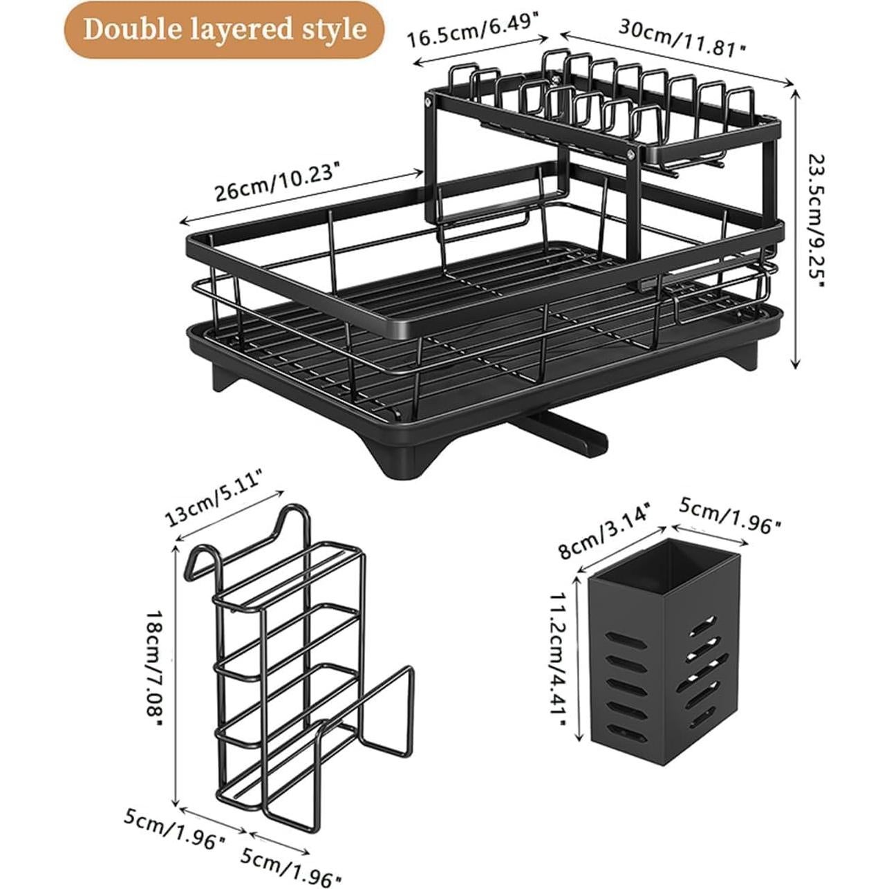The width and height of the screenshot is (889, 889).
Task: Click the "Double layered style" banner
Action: coord(224,30)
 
